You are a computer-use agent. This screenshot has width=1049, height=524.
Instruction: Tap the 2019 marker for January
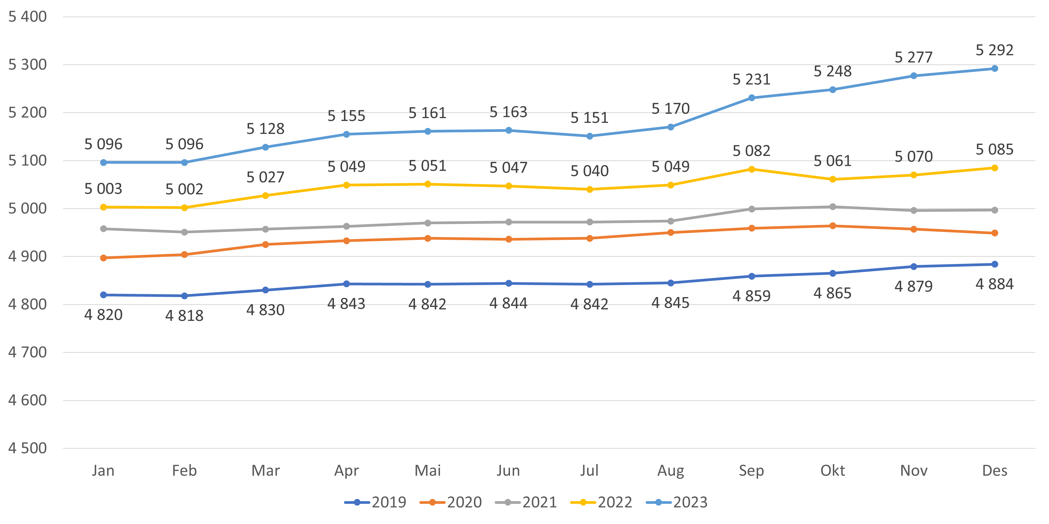pyautogui.click(x=103, y=295)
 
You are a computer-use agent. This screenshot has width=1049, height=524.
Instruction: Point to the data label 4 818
pyautogui.click(x=184, y=316)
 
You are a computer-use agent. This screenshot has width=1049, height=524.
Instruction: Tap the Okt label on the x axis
pyautogui.click(x=832, y=471)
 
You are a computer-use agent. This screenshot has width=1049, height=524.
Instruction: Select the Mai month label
pyautogui.click(x=428, y=471)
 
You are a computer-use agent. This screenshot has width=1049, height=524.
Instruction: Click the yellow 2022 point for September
pyautogui.click(x=752, y=169)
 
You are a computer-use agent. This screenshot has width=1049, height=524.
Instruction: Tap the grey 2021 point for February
pyautogui.click(x=184, y=232)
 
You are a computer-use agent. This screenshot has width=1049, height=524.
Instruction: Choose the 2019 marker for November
pyautogui.click(x=913, y=266)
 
